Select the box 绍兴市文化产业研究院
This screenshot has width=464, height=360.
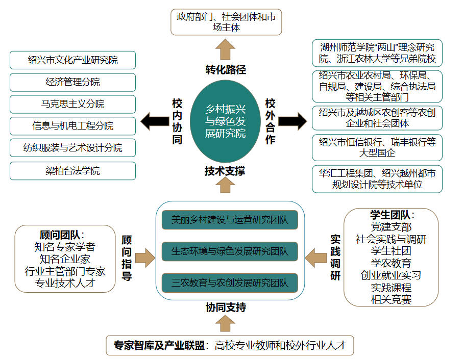(72, 60)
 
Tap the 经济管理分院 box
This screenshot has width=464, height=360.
(72, 82)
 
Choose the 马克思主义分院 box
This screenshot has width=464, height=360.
(72, 104)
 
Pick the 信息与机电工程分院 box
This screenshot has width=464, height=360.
(72, 126)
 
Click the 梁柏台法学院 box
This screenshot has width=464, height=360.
(72, 171)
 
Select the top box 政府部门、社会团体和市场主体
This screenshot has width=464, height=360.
(226, 22)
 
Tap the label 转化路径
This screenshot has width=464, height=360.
(226, 70)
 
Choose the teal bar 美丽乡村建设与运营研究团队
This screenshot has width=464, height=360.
(230, 220)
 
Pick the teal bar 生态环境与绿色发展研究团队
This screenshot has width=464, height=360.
(230, 251)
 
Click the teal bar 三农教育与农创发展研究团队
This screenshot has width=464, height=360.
(230, 282)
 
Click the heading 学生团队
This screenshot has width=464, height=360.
(389, 215)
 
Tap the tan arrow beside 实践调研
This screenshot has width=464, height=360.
(316, 258)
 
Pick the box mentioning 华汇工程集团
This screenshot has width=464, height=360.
(377, 179)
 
